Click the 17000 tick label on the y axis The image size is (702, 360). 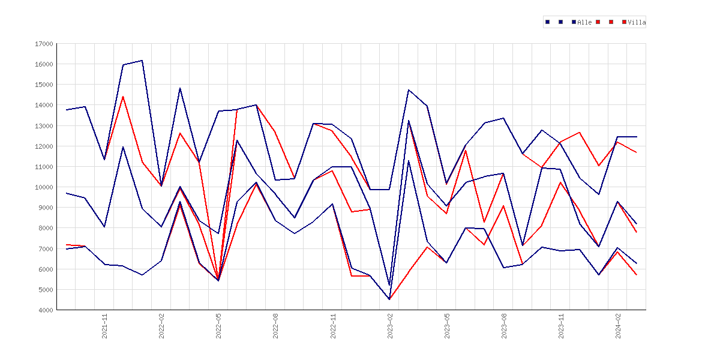click(43, 44)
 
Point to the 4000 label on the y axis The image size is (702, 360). click(45, 310)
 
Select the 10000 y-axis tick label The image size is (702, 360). click(43, 187)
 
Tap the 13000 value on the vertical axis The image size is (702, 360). click(43, 126)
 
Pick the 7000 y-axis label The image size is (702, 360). click(45, 249)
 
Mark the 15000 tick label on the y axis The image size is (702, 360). click(43, 85)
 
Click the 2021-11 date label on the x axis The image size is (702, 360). click(105, 326)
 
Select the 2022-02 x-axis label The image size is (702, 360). click(161, 326)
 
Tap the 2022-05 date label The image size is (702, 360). click(219, 326)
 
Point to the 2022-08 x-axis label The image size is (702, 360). click(276, 326)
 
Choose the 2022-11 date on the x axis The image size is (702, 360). click(333, 326)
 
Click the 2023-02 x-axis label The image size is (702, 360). click(390, 326)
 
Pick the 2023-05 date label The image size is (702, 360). click(447, 326)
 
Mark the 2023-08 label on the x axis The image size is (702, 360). click(504, 326)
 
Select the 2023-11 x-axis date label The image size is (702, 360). click(562, 326)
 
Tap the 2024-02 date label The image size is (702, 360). click(618, 326)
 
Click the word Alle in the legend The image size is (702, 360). click(584, 22)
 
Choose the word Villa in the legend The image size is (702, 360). click(637, 22)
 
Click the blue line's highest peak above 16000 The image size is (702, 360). click(142, 61)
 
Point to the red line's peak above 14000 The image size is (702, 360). click(123, 97)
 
